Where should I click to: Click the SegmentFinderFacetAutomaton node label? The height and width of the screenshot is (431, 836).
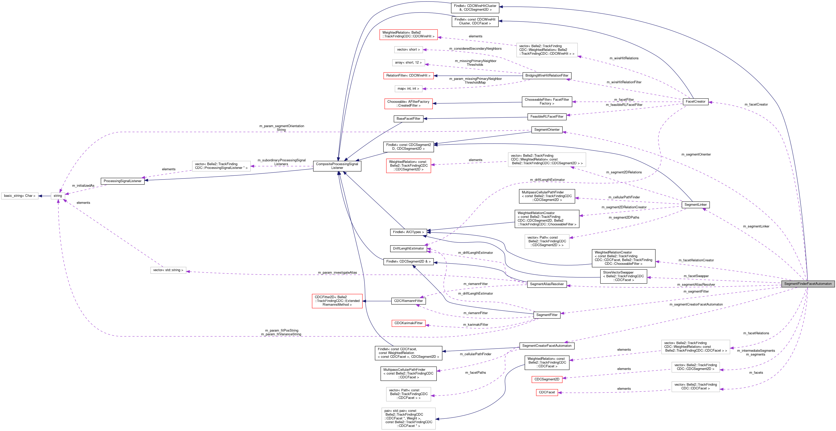pyautogui.click(x=808, y=284)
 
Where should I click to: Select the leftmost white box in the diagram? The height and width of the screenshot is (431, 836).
pyautogui.click(x=20, y=196)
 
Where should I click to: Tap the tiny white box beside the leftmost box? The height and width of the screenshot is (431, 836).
pyautogui.click(x=58, y=196)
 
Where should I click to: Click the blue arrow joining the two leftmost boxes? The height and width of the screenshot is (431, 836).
pyautogui.click(x=44, y=196)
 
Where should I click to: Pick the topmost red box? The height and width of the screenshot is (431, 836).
pyautogui.click(x=408, y=35)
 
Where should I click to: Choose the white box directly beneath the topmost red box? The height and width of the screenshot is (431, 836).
pyautogui.click(x=408, y=50)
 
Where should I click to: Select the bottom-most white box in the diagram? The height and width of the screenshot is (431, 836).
pyautogui.click(x=408, y=418)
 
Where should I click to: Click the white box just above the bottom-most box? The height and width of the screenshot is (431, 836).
pyautogui.click(x=408, y=394)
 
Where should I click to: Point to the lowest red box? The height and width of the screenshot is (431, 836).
pyautogui.click(x=546, y=392)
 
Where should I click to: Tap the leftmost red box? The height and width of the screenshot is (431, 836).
pyautogui.click(x=337, y=301)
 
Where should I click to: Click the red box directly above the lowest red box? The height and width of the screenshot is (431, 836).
pyautogui.click(x=546, y=379)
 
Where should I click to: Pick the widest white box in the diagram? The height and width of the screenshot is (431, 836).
pyautogui.click(x=546, y=160)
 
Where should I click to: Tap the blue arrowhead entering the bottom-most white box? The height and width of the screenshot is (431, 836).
pyautogui.click(x=437, y=419)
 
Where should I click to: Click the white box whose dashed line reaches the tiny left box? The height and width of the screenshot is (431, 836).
pyautogui.click(x=168, y=270)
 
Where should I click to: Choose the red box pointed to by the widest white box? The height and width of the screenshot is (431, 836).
pyautogui.click(x=408, y=166)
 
